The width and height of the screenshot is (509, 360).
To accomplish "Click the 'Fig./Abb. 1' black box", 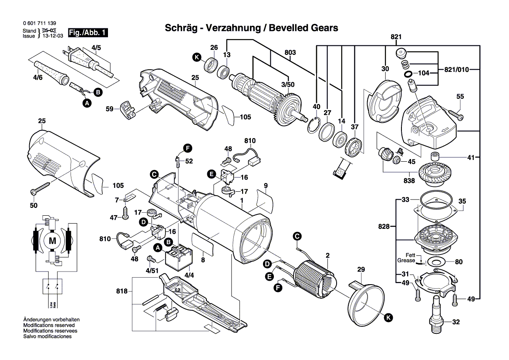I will click(88, 33).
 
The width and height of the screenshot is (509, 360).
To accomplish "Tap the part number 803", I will click(290, 53).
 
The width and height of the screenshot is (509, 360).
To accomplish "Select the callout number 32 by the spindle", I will click(456, 323).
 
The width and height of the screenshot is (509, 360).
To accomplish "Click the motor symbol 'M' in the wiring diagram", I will click(52, 241).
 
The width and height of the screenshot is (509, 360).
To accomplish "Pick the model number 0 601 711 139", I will click(38, 23).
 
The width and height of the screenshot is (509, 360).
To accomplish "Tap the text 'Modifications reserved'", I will click(49, 326).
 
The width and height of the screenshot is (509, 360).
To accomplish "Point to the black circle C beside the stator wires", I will click(297, 236).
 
